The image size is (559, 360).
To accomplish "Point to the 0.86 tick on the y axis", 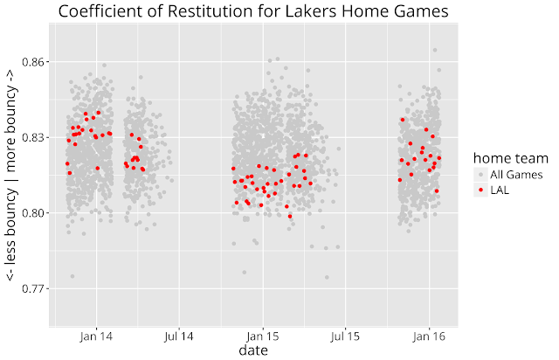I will pyautogui.click(x=30, y=62).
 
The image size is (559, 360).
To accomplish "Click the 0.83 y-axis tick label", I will pyautogui.click(x=30, y=137).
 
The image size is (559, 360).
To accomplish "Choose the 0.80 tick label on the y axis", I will pyautogui.click(x=30, y=212).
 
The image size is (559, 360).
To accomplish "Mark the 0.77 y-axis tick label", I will pyautogui.click(x=30, y=287).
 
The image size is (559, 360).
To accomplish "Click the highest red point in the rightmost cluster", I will pyautogui.click(x=403, y=120).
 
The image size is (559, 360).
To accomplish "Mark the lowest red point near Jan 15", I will pyautogui.click(x=290, y=216).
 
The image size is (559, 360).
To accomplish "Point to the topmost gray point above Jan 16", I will pyautogui.click(x=435, y=52).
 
